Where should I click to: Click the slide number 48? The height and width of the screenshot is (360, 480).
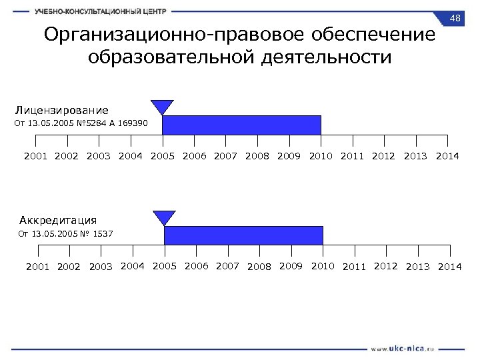(456, 17)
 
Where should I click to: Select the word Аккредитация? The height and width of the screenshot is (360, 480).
(58, 220)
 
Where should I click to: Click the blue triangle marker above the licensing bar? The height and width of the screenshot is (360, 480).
(162, 107)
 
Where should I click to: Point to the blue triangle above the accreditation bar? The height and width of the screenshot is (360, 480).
(164, 217)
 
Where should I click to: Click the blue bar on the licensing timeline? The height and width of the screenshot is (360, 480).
(241, 125)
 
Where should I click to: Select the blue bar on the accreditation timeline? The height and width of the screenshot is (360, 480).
(243, 235)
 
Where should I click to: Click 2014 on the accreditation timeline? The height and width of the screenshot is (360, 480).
(449, 267)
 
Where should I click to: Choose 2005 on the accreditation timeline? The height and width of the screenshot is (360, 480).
(165, 267)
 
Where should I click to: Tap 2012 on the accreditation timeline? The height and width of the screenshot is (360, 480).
(386, 267)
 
